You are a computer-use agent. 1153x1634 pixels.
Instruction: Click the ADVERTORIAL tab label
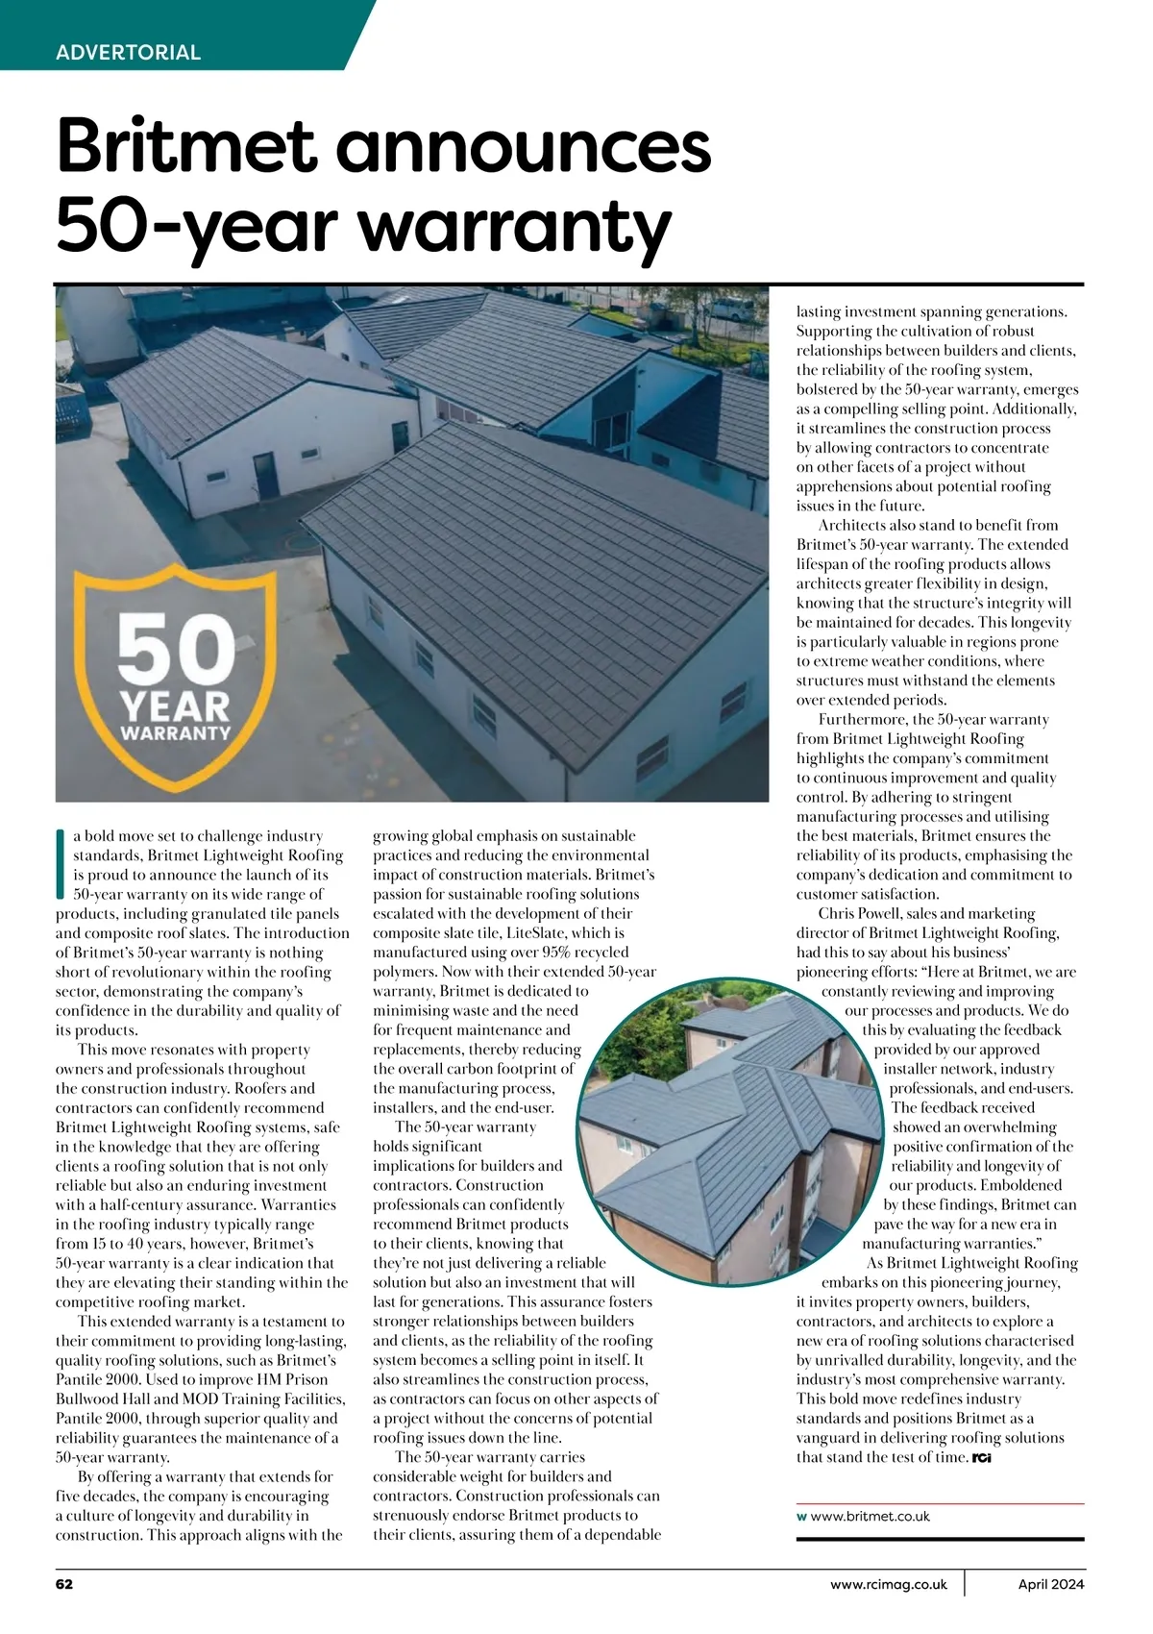tap(128, 52)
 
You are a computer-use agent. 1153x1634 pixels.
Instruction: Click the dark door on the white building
tap(263, 470)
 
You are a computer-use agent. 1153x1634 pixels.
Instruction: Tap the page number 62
tap(64, 1584)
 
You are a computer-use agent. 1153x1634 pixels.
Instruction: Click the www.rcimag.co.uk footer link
tap(889, 1584)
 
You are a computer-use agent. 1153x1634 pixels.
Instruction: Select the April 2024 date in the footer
tap(1051, 1584)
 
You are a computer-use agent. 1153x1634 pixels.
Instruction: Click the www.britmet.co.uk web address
tap(871, 1516)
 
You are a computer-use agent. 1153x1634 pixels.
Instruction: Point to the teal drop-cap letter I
tap(61, 865)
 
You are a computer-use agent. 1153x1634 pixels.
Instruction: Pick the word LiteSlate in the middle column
tap(545, 932)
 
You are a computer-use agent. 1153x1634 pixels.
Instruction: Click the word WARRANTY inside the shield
tap(176, 732)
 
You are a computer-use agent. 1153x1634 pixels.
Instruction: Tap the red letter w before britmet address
tap(801, 1517)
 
